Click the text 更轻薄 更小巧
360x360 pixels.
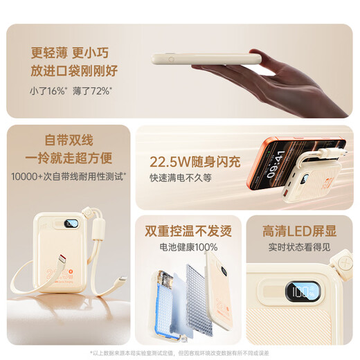click(70, 52)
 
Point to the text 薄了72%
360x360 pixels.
click(91, 91)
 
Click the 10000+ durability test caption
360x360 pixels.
click(67, 177)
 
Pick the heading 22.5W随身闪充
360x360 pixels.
click(195, 162)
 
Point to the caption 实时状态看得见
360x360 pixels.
click(298, 247)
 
